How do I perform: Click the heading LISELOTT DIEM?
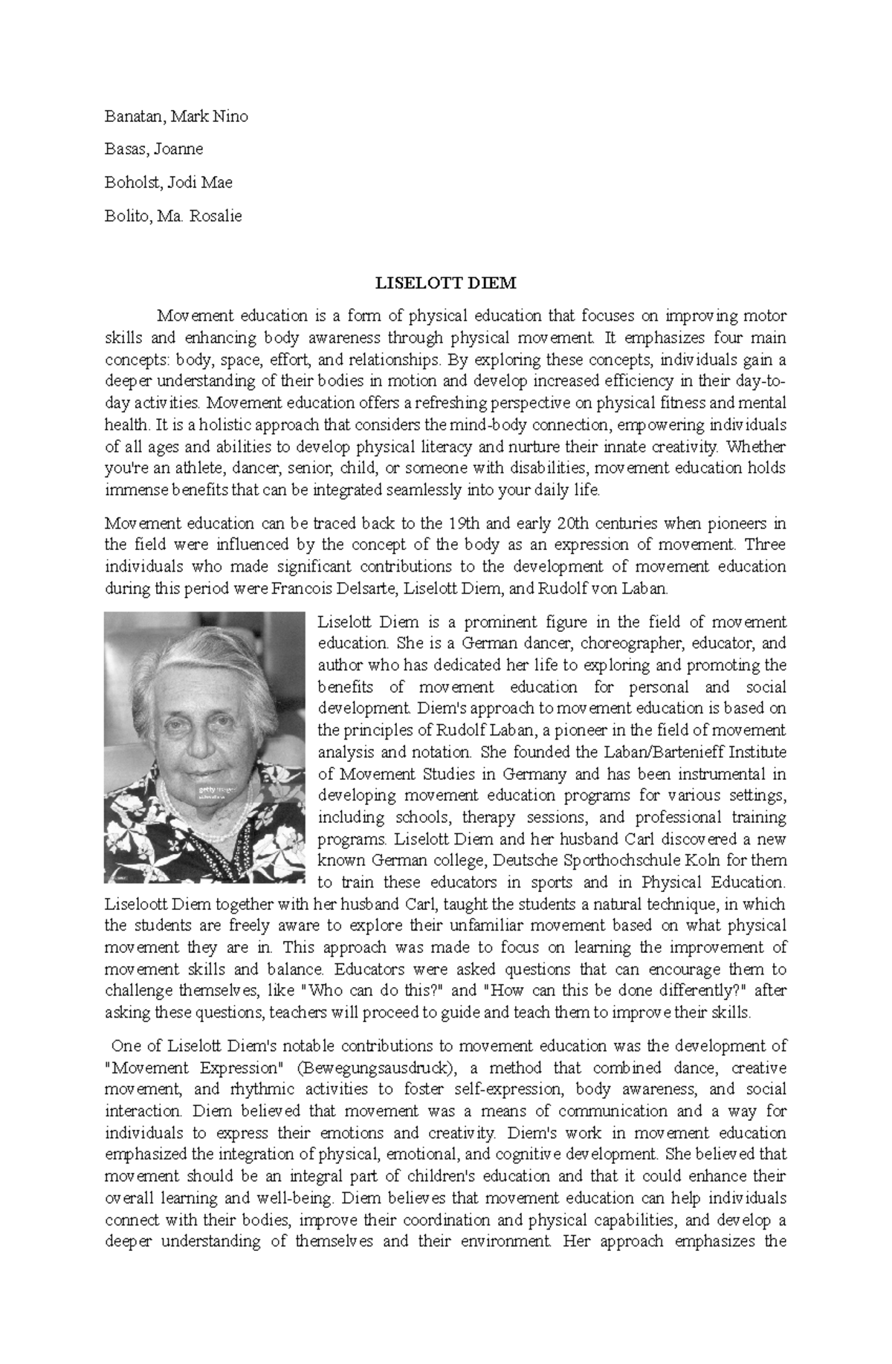pyautogui.click(x=445, y=283)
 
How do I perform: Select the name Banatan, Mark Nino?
pyautogui.click(x=176, y=117)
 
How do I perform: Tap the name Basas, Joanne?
pyautogui.click(x=153, y=149)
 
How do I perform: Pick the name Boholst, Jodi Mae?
pyautogui.click(x=168, y=183)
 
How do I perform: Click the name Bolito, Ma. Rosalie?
pyautogui.click(x=172, y=216)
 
